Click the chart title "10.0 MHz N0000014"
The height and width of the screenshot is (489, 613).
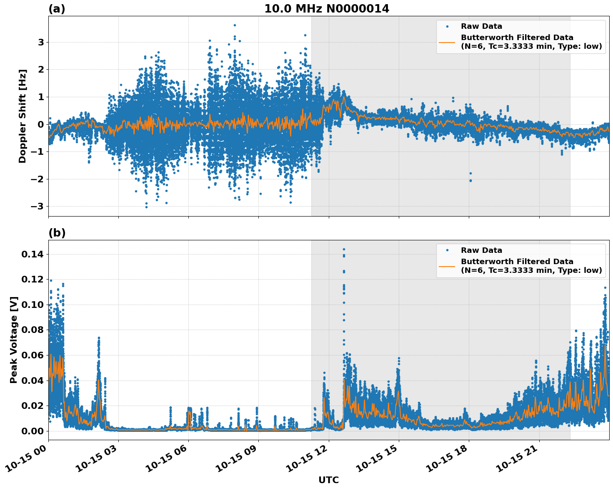pos(326,9)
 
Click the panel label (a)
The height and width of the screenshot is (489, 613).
pos(57,9)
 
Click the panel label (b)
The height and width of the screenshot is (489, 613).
pos(57,233)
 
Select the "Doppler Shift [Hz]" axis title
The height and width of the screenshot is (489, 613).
pos(23,116)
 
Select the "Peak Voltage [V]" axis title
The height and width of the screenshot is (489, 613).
pos(14,340)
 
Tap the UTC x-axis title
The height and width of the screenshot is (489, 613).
pos(328,480)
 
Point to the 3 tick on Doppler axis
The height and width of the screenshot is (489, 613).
pos(41,43)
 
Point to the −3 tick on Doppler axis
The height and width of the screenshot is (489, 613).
pos(38,207)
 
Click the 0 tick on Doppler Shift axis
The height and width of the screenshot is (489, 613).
pos(41,124)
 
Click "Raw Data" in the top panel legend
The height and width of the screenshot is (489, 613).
pos(481,27)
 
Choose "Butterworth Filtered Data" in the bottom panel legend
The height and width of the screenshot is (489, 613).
pos(517,262)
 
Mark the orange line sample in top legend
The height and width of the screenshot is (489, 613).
pos(447,42)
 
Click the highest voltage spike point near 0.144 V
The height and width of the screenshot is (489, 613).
pos(344,249)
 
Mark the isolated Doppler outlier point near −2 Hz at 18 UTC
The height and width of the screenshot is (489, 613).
pos(470,181)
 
